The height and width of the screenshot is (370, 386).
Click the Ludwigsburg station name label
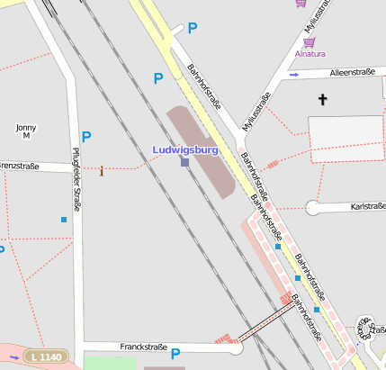[x=185, y=149]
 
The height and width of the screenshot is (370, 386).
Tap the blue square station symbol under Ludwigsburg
[x=184, y=162]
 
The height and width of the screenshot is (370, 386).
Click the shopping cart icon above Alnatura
[x=310, y=41]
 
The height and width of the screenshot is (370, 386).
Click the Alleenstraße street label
[x=352, y=72]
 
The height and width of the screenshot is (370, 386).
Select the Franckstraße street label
[x=145, y=347]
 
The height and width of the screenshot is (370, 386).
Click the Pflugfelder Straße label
[x=76, y=179]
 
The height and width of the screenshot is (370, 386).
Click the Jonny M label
[x=26, y=131]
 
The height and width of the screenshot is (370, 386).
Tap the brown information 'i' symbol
[x=102, y=170]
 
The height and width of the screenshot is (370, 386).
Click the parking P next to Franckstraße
[x=175, y=355]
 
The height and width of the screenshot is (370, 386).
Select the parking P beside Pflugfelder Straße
[x=86, y=137]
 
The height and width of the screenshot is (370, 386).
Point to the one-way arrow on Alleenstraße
[x=294, y=75]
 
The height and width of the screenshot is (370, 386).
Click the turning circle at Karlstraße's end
[x=312, y=207]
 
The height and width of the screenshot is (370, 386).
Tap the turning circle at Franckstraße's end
[x=236, y=347]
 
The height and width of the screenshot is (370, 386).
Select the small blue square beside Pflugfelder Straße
[x=64, y=220]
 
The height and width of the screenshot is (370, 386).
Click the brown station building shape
[x=202, y=149]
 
